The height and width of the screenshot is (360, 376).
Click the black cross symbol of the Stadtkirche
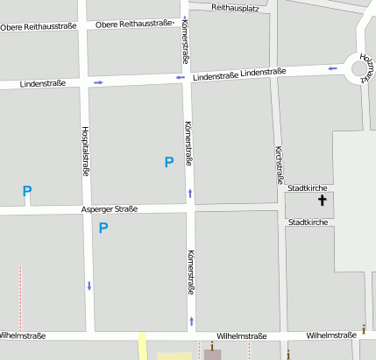pos(322,201)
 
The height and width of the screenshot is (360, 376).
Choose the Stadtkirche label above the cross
pos(308,187)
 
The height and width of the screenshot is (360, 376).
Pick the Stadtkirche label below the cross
pos(308,222)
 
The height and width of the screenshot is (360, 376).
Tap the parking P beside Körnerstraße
pos(169,161)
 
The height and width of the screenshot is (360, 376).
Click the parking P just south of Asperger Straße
pos(103,229)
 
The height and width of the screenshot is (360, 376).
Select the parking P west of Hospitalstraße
pos(27,191)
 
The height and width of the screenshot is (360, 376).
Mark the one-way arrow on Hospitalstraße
pos(89,286)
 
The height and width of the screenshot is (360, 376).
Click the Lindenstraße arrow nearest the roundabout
pos(332,67)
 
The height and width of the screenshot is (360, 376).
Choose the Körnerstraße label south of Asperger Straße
pos(190,272)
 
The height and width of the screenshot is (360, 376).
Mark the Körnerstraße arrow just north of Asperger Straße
pos(189,193)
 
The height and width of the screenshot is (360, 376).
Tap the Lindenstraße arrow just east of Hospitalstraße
pos(98,82)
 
